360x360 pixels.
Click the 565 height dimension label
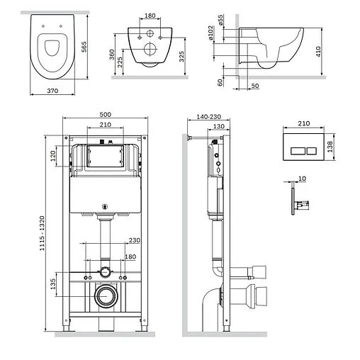click(x=84, y=47)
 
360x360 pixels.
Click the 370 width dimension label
click(x=52, y=91)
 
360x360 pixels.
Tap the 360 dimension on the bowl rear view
click(x=112, y=55)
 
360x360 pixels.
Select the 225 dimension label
click(x=120, y=62)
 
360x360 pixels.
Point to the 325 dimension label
click(x=181, y=57)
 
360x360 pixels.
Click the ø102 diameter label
click(x=210, y=33)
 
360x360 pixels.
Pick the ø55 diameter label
click(x=220, y=20)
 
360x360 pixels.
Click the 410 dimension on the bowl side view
click(x=318, y=52)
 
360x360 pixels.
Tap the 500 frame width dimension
click(x=105, y=115)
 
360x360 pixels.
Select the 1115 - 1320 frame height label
click(x=42, y=233)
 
